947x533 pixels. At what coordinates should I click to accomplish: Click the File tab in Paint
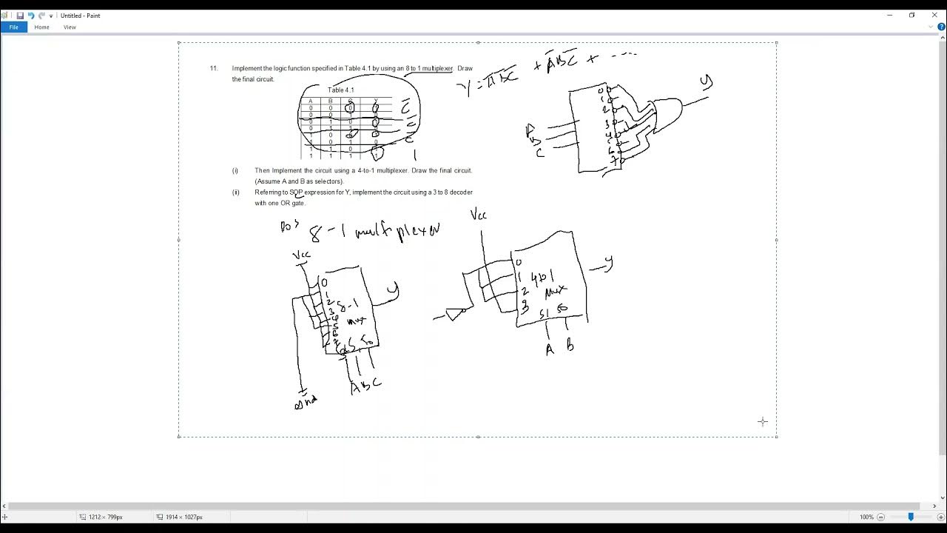[x=13, y=27]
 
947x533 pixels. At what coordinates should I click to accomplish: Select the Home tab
[x=41, y=27]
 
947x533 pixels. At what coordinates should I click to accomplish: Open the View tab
[x=70, y=27]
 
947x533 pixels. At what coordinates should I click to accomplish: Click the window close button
[x=934, y=15]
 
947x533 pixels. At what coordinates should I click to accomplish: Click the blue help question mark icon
[x=941, y=27]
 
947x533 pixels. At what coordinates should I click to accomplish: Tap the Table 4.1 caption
[x=341, y=90]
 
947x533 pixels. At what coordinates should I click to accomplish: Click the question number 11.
[x=214, y=69]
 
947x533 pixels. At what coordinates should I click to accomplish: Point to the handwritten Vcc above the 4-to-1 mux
[x=479, y=215]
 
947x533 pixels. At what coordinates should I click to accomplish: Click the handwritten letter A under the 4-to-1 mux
[x=550, y=349]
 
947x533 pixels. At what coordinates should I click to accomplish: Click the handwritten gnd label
[x=305, y=401]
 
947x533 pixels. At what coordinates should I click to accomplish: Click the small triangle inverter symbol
[x=454, y=314]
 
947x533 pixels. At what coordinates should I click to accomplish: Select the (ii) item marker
[x=236, y=192]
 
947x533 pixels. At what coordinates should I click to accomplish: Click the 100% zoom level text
[x=866, y=517]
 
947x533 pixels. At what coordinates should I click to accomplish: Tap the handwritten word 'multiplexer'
[x=397, y=232]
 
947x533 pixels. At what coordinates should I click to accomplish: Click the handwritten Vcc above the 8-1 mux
[x=301, y=255]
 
